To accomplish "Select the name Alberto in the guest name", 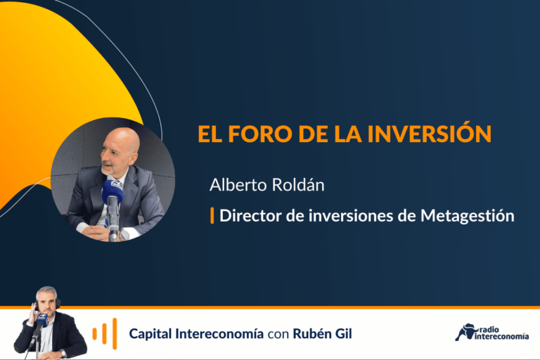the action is click(238, 185).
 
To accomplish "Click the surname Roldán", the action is click(298, 185).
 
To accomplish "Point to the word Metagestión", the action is click(468, 216).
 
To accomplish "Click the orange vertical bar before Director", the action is click(212, 216).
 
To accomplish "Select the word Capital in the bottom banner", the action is click(150, 334).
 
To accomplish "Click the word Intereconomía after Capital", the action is click(219, 333).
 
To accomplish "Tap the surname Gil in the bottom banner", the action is click(343, 333).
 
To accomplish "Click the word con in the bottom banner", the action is click(278, 334).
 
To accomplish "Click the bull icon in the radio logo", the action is click(465, 332).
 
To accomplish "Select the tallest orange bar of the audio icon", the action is click(115, 333).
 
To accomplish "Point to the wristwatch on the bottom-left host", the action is click(63, 353).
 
